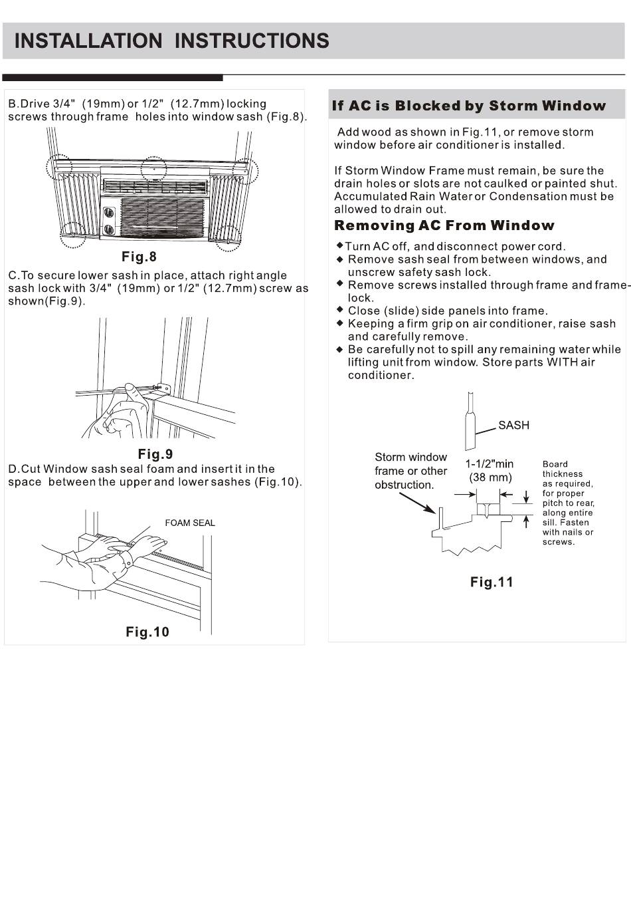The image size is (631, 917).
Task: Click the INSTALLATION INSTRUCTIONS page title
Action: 171,41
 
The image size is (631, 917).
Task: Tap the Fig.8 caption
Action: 139,257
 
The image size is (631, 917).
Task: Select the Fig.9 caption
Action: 155,454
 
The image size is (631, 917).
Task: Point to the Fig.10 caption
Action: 147,632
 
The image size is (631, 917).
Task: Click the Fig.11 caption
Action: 492,583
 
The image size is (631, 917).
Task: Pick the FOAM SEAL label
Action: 190,523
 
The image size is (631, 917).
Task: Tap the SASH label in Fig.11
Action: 513,426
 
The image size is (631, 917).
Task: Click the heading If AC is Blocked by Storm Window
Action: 469,106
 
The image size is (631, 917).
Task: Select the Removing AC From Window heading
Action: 444,225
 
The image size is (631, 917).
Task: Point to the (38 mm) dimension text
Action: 490,477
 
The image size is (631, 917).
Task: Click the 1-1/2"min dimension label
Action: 489,463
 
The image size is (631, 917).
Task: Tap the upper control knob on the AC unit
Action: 109,213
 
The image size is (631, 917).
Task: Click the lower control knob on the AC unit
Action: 109,229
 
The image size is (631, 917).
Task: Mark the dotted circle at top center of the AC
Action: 153,168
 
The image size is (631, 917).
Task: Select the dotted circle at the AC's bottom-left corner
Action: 72,234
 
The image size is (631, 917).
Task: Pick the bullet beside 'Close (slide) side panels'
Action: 339,310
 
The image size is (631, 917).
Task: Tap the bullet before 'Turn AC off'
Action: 339,246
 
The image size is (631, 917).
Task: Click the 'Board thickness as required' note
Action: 568,503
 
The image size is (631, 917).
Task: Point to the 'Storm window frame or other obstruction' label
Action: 410,471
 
